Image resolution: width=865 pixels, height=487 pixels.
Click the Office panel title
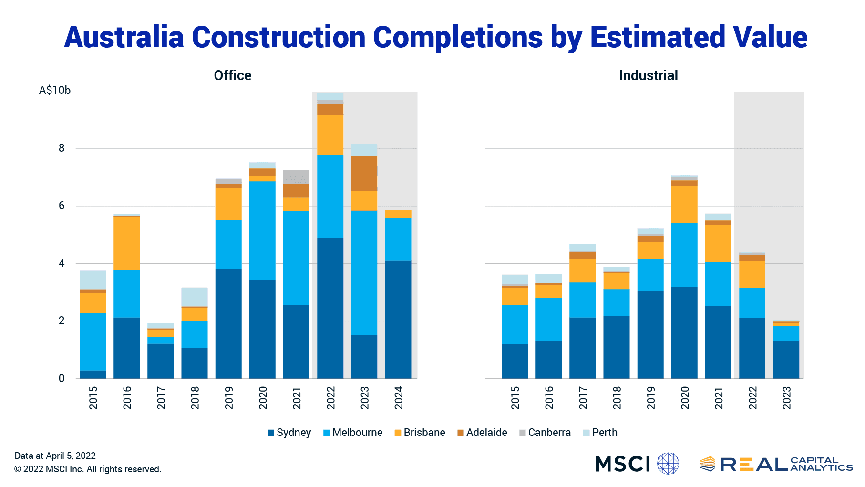[232, 75]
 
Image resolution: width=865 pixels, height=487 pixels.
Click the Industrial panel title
[648, 75]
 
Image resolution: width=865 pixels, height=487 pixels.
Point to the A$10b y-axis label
[54, 91]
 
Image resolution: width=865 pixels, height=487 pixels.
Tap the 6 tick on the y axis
[62, 206]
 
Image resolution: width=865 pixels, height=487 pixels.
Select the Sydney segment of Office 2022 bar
[330, 308]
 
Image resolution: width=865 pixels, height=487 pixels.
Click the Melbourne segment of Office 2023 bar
[364, 272]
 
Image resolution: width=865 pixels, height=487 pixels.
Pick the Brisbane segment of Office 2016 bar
[126, 243]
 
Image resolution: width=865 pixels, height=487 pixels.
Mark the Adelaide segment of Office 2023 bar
[364, 174]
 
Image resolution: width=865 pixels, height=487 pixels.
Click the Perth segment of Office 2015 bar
[93, 280]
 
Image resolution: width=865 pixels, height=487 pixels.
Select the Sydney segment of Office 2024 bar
[398, 319]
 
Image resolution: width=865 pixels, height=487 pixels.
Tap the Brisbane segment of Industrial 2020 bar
[684, 204]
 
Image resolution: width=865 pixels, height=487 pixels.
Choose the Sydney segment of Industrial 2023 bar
[785, 359]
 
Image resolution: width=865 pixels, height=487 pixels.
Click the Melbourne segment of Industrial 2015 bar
[515, 324]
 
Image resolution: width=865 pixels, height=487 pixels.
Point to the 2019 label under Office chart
[229, 398]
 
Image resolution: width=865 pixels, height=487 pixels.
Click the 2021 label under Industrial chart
[718, 398]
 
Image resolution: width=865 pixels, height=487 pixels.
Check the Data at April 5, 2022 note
[55, 456]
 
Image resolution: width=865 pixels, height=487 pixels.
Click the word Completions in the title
[457, 37]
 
